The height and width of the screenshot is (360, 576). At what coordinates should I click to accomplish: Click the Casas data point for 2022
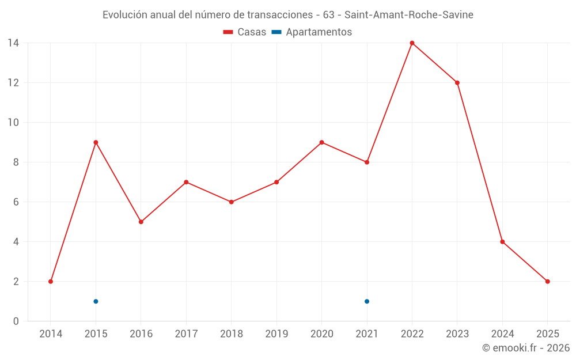click(412, 43)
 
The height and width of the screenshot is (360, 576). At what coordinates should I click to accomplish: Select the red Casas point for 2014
click(51, 282)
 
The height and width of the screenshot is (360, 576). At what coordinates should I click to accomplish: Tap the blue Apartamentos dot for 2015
click(96, 301)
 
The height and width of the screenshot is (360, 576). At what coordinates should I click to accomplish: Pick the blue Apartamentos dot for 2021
click(367, 301)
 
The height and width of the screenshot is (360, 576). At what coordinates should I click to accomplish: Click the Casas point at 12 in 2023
click(457, 82)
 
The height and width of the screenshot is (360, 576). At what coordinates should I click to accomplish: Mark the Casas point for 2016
click(141, 222)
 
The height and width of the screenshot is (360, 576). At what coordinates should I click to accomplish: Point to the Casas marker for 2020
click(321, 142)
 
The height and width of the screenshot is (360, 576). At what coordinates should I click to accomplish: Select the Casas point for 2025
click(548, 282)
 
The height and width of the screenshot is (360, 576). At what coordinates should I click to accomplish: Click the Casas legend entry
click(245, 32)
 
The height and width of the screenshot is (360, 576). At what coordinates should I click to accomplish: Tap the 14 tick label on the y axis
click(13, 43)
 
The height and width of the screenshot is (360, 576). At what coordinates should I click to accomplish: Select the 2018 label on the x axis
click(231, 334)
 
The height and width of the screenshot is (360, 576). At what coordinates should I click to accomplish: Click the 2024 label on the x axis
click(502, 334)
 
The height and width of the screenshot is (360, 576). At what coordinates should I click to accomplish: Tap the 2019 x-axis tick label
click(276, 334)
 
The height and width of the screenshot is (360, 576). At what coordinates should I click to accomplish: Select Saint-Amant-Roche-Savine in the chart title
click(409, 15)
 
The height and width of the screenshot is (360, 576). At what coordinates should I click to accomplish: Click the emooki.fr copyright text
click(526, 348)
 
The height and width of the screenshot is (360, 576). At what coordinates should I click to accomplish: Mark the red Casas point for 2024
click(502, 242)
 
